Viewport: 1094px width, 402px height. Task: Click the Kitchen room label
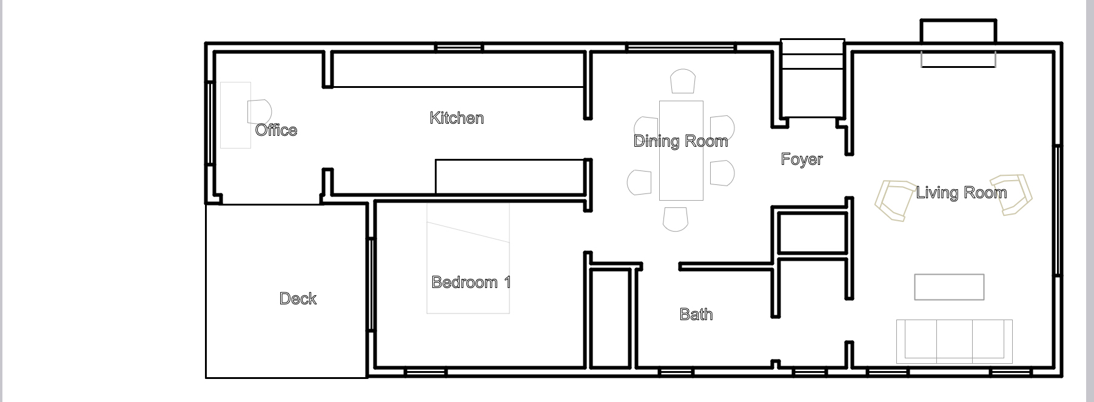click(457, 118)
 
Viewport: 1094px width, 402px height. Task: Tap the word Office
click(276, 130)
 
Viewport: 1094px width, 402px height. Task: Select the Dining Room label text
click(680, 141)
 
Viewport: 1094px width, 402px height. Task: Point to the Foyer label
click(802, 159)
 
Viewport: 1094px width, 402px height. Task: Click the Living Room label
click(961, 193)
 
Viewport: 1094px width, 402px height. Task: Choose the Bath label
click(696, 314)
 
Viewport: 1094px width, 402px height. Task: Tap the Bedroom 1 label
click(471, 282)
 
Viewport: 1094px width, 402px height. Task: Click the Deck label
click(298, 298)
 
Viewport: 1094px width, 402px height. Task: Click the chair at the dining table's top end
click(683, 81)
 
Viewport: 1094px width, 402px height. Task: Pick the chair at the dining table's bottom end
click(676, 219)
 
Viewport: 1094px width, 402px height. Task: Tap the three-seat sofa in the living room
click(954, 341)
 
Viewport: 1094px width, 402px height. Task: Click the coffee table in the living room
click(949, 287)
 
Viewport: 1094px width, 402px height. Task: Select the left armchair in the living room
click(895, 199)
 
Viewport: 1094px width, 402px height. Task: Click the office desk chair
click(260, 112)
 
